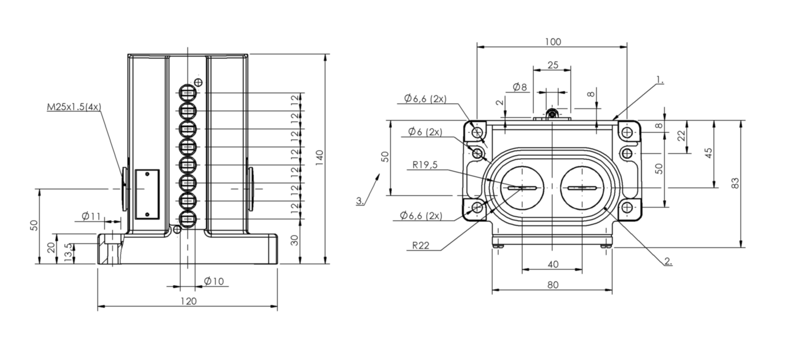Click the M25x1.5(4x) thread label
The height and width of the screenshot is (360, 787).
pyautogui.click(x=74, y=107)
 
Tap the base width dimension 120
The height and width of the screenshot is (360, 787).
pyautogui.click(x=189, y=301)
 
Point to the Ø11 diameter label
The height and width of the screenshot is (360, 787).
pyautogui.click(x=91, y=216)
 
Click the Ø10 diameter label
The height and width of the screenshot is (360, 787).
pyautogui.click(x=214, y=281)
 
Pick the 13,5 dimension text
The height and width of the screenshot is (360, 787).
pyautogui.click(x=69, y=253)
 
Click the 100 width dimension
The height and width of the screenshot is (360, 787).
pyautogui.click(x=553, y=42)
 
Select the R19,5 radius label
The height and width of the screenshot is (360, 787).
pyautogui.click(x=425, y=164)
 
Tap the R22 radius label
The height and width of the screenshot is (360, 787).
pyautogui.click(x=420, y=245)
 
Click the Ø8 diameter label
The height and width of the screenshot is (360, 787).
pyautogui.click(x=520, y=87)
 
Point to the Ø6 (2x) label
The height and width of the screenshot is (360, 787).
pyautogui.click(x=425, y=132)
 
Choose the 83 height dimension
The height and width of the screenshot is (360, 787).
pyautogui.click(x=735, y=183)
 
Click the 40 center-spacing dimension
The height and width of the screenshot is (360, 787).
pyautogui.click(x=553, y=264)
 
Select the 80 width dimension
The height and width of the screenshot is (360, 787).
pyautogui.click(x=553, y=285)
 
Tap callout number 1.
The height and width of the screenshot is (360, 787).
pyautogui.click(x=660, y=80)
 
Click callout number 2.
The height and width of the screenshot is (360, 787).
pyautogui.click(x=668, y=261)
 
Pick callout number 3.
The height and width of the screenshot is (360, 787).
pyautogui.click(x=360, y=201)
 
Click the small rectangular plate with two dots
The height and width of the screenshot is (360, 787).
pyautogui.click(x=147, y=195)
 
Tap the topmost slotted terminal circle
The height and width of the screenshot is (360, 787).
pyautogui.click(x=188, y=93)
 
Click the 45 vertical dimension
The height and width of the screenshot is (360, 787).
pyautogui.click(x=709, y=153)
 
